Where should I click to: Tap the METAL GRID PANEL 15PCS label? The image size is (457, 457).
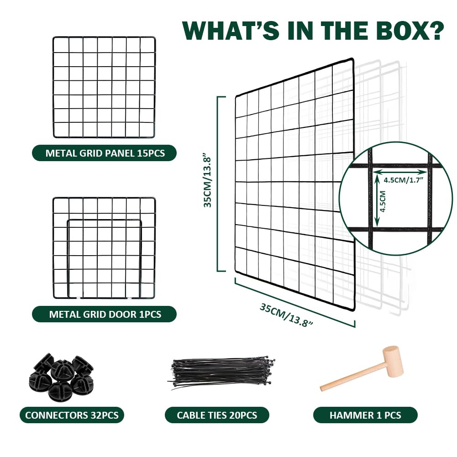(105, 153)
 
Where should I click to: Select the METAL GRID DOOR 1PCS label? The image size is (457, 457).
(105, 314)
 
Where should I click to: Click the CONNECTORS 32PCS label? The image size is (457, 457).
(72, 415)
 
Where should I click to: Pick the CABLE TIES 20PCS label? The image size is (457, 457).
(217, 415)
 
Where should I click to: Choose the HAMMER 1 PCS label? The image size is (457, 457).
(365, 415)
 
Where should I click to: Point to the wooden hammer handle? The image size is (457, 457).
(352, 378)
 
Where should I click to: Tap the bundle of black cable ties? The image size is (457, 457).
(222, 373)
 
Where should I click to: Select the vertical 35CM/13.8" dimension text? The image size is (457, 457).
(207, 182)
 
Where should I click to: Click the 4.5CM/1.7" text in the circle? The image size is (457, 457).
(403, 180)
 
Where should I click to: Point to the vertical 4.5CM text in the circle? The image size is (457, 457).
(383, 201)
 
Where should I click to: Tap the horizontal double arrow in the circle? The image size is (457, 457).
(400, 172)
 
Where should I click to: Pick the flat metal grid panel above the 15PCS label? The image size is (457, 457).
(104, 87)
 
